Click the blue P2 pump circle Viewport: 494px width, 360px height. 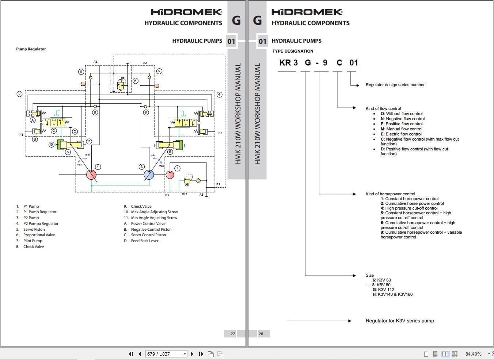(149, 175)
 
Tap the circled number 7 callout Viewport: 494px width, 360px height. (177, 168)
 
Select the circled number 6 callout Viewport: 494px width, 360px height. (135, 81)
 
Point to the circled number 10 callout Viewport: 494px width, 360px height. (51, 145)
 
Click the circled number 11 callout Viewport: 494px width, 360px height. (89, 141)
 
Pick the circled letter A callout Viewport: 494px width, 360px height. (33, 120)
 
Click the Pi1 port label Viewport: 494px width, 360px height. (21, 135)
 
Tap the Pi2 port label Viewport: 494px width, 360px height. (220, 133)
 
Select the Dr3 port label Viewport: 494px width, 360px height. (184, 195)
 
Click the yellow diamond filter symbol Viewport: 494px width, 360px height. (198, 180)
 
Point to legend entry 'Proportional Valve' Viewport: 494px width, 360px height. (39, 235)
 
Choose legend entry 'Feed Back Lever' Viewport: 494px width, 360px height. (145, 241)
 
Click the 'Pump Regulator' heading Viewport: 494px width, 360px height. (31, 49)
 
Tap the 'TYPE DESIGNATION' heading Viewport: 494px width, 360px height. (293, 51)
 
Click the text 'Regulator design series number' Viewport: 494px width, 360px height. (395, 85)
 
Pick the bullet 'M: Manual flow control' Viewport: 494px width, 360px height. (402, 129)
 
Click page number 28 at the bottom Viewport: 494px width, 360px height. (261, 334)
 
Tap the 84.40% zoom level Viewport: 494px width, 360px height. (474, 354)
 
